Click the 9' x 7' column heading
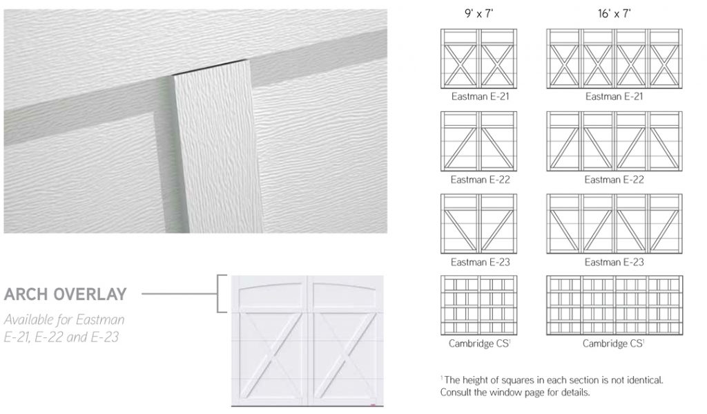479,14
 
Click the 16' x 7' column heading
614,14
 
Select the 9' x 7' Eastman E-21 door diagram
479,59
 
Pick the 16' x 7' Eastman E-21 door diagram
614,59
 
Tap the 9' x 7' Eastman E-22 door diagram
479,141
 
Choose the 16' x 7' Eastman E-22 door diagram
614,141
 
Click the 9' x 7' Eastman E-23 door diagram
479,224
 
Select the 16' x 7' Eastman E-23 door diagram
614,224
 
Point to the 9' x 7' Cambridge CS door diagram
479,305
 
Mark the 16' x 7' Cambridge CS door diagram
614,305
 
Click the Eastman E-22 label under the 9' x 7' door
480,180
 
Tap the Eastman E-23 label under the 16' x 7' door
614,262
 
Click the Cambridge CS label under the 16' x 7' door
614,344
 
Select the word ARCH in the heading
26,294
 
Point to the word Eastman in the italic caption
100,319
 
